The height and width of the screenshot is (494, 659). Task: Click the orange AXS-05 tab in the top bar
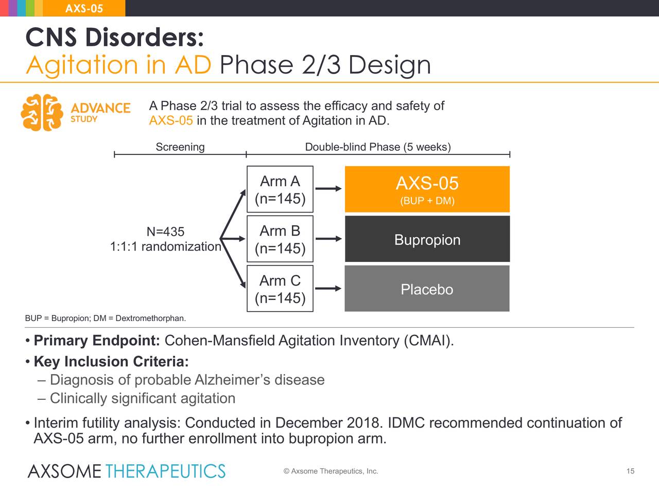[x=84, y=8]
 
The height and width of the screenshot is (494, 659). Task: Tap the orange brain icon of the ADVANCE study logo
[x=42, y=113]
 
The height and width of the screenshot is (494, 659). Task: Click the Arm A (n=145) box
[x=280, y=189]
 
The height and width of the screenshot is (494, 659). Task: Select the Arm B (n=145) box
[x=280, y=239]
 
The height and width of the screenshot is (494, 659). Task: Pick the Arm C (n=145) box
[x=280, y=289]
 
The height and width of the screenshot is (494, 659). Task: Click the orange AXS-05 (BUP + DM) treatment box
[x=427, y=189]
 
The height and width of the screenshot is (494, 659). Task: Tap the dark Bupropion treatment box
[x=427, y=239]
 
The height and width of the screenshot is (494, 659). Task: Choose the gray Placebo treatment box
[x=427, y=289]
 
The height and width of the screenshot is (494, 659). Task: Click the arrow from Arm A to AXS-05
[x=328, y=189]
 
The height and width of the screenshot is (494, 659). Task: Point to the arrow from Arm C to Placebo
[x=328, y=289]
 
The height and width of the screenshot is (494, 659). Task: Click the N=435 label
[x=165, y=232]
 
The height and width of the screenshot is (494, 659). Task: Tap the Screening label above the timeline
[x=180, y=147]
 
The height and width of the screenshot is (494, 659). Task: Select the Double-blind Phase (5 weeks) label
[x=378, y=147]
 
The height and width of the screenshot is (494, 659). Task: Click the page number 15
[x=631, y=471]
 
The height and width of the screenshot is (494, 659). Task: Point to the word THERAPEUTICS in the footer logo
[x=165, y=471]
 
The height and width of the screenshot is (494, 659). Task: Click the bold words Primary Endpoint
[x=97, y=341]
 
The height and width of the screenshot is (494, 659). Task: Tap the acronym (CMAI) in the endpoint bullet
[x=429, y=341]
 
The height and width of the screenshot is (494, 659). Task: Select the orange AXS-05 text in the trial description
[x=171, y=120]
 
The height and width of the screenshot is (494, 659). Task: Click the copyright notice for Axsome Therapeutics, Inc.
[x=331, y=471]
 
